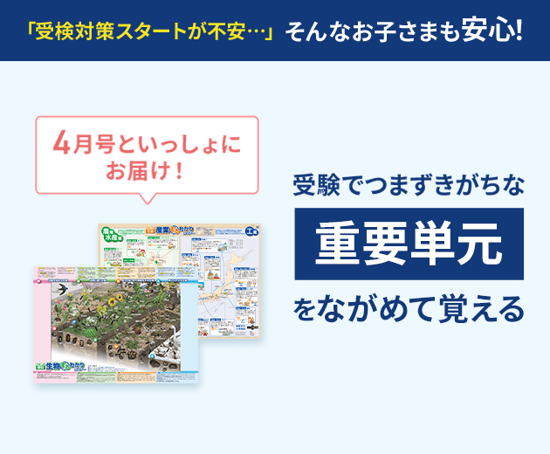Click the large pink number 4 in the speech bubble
[61, 141]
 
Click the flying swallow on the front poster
[63, 289]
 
